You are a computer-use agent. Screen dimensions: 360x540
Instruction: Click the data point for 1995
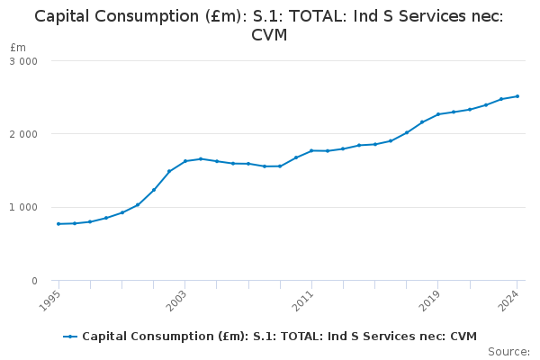pyautogui.click(x=58, y=224)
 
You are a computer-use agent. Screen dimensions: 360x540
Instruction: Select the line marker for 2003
pyautogui.click(x=185, y=161)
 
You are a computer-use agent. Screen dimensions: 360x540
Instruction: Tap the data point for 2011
pyautogui.click(x=311, y=150)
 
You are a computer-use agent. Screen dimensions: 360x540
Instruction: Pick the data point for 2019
pyautogui.click(x=438, y=114)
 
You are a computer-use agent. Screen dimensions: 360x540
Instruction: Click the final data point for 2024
pyautogui.click(x=517, y=96)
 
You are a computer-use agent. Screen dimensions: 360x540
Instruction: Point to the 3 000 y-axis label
pyautogui.click(x=22, y=61)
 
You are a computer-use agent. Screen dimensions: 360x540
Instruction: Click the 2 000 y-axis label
pyautogui.click(x=22, y=134)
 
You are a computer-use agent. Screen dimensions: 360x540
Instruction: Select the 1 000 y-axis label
pyautogui.click(x=22, y=208)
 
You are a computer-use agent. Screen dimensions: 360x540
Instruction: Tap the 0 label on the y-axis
pyautogui.click(x=34, y=281)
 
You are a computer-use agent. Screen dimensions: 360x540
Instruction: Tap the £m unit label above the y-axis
pyautogui.click(x=18, y=47)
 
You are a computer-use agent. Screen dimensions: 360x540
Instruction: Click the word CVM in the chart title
pyautogui.click(x=269, y=35)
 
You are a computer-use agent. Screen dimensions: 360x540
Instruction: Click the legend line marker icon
pyautogui.click(x=70, y=337)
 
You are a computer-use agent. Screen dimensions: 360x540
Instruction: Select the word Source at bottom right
pyautogui.click(x=508, y=352)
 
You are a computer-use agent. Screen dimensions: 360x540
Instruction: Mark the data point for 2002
pyautogui.click(x=169, y=171)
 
